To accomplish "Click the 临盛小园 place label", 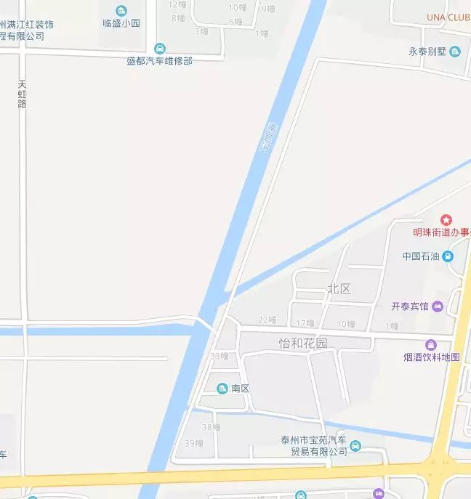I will point(121,23).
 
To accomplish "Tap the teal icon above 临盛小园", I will point(121,10).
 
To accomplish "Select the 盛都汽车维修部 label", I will point(159,61).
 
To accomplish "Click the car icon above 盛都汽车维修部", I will point(159,49).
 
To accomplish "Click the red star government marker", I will point(446,219).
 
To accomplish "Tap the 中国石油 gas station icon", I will point(448,256).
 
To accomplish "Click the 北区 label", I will point(339,289).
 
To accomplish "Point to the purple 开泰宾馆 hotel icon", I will point(438,306).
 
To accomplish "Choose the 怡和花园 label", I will point(303,343).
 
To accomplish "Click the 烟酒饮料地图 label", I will point(432,357).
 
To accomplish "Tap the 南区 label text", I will point(241,389).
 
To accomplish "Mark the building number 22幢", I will point(267,320).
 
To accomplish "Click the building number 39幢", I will point(193,442).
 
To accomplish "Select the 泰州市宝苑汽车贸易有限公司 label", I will point(315,446).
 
